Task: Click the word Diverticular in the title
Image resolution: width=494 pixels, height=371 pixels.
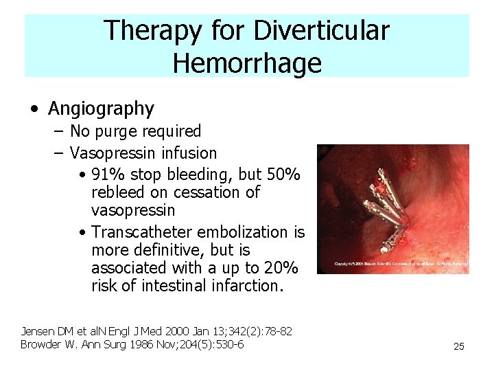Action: click(322, 30)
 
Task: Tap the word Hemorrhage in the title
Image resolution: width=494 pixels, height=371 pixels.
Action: click(247, 63)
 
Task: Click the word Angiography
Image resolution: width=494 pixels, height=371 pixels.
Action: click(101, 109)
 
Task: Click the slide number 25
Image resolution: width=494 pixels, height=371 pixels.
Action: click(459, 346)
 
